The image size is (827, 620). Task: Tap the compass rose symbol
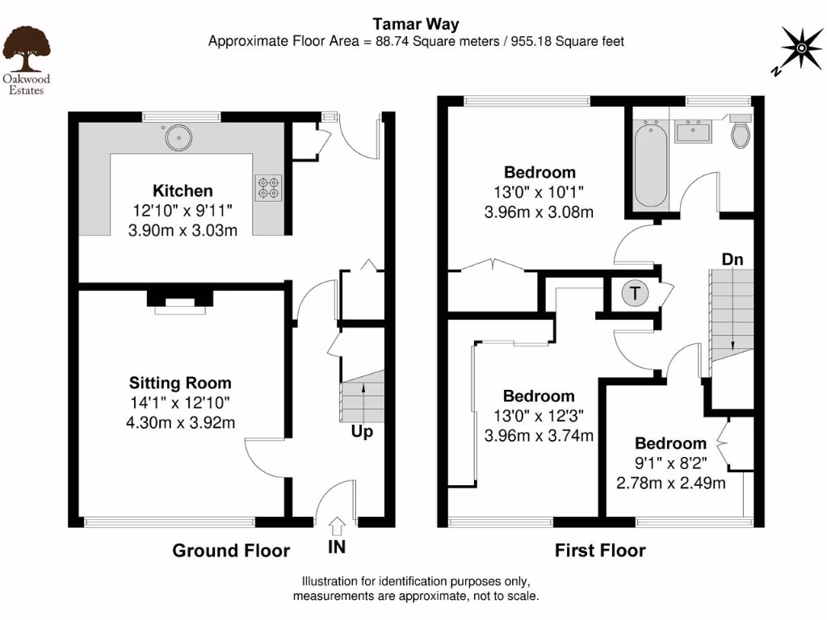point(800,48)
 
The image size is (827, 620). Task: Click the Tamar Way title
point(415,24)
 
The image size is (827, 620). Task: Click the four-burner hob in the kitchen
point(268,187)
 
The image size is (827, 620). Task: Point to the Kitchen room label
point(183,191)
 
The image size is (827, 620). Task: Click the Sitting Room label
point(181,383)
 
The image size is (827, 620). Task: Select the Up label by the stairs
point(361,432)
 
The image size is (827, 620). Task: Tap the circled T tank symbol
point(635,294)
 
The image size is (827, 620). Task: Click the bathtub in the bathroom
point(650,165)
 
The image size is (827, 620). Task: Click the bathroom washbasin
point(692,131)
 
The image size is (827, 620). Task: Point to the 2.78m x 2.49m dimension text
point(670,484)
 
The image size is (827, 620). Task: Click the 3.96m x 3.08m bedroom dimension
point(539,212)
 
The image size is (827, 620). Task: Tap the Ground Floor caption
point(231,551)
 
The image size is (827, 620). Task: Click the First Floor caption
point(600,551)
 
